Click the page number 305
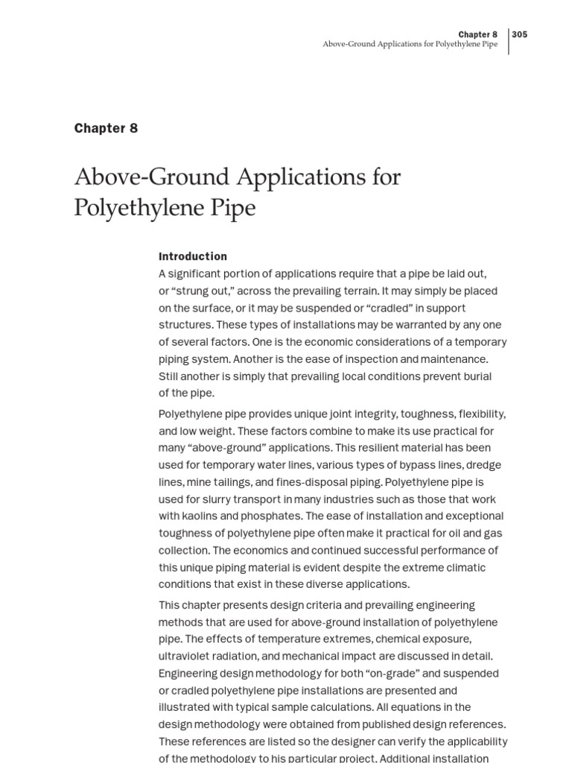pos(520,34)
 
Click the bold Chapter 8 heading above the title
pos(106,128)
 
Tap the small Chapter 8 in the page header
pos(477,34)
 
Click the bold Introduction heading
pos(192,256)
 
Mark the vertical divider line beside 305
pos(509,42)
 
